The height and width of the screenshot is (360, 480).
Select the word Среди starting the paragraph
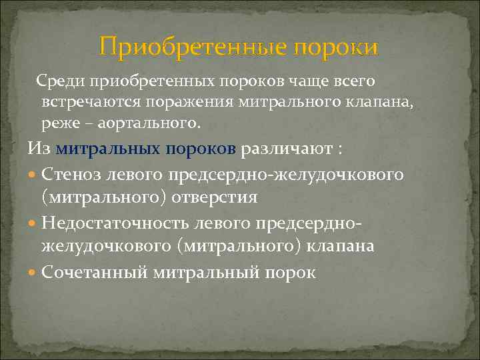(57, 81)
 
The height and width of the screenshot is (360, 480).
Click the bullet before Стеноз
(33, 175)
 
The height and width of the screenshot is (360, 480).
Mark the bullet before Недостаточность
(33, 223)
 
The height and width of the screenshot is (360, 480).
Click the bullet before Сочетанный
(33, 272)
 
